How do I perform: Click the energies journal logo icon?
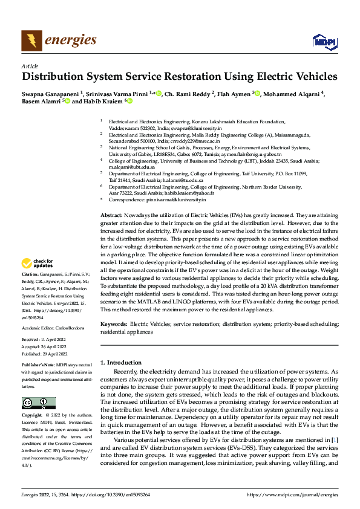click(x=30, y=41)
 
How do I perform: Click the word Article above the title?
click(x=30, y=66)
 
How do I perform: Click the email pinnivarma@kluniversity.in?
click(x=174, y=199)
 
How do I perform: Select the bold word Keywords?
click(x=114, y=325)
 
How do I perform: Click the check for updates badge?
click(x=37, y=264)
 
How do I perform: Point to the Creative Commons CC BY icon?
click(x=38, y=403)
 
